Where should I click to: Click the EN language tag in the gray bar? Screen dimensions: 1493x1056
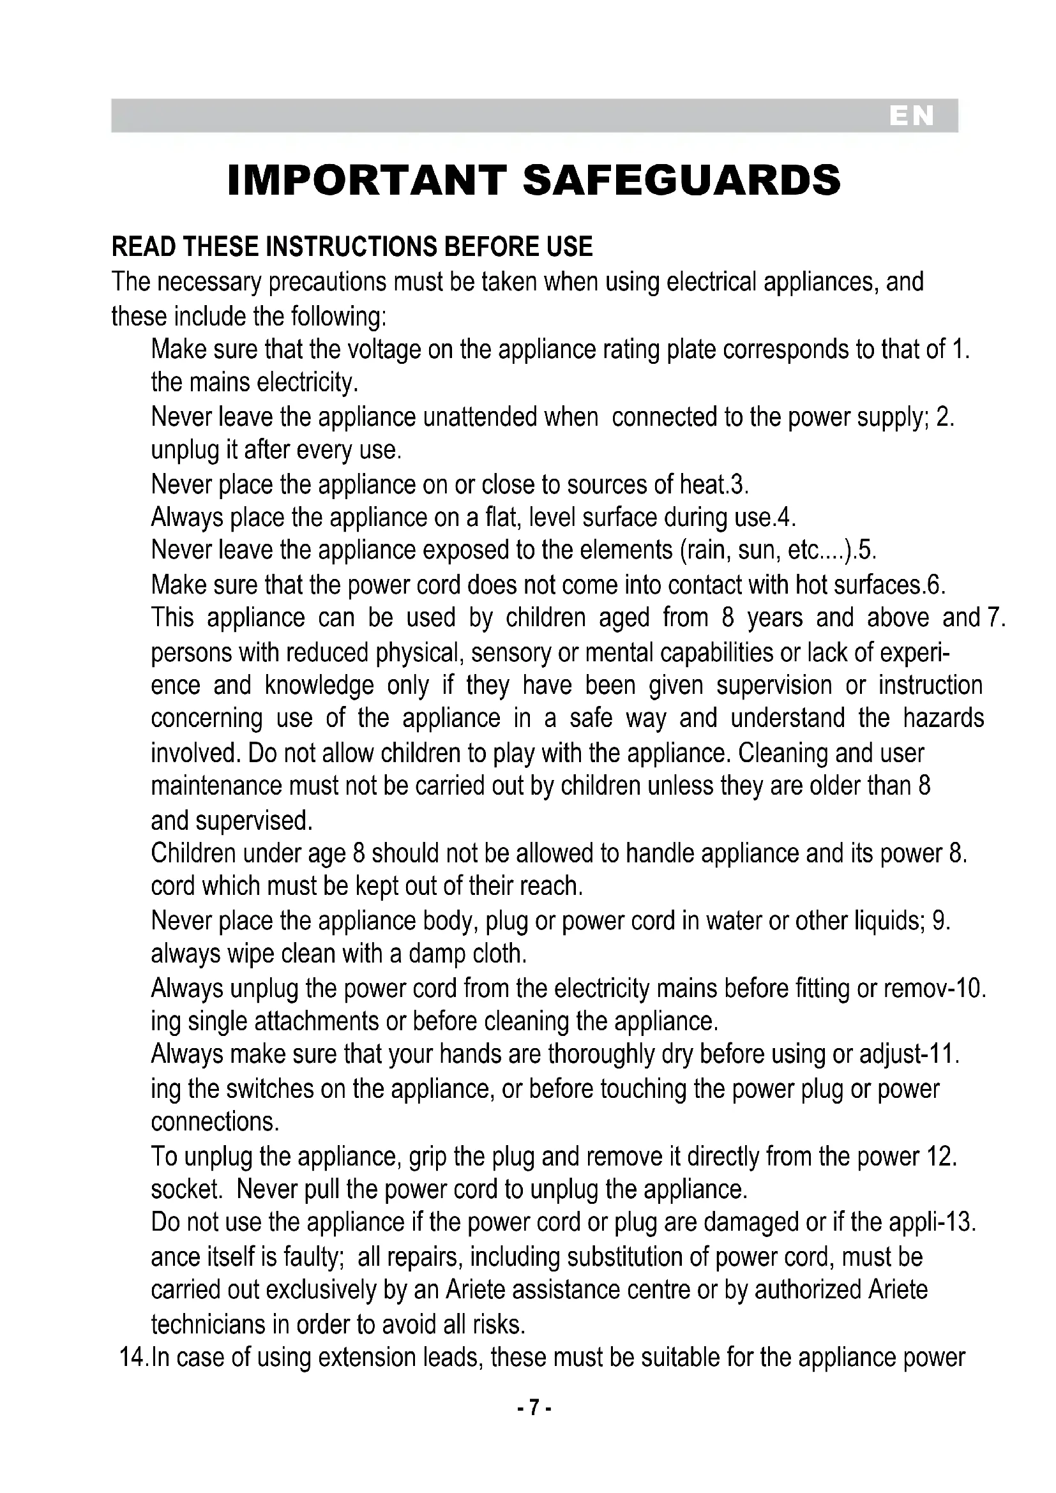pyautogui.click(x=912, y=116)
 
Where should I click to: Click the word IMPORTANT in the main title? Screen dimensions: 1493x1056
pyautogui.click(x=366, y=180)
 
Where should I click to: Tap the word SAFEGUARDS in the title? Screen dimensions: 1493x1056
pyautogui.click(x=681, y=180)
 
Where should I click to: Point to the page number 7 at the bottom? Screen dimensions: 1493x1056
pyautogui.click(x=534, y=1408)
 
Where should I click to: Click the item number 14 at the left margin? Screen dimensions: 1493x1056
pyautogui.click(x=134, y=1358)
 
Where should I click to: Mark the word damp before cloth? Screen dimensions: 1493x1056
pyautogui.click(x=435, y=954)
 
